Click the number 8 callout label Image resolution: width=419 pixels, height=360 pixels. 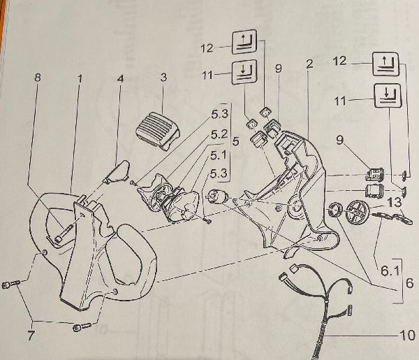[x=38, y=78]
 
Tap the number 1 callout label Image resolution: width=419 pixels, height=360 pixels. [x=80, y=78]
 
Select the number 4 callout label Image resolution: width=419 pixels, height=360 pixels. [x=121, y=78]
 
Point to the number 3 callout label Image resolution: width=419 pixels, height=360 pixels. [x=163, y=78]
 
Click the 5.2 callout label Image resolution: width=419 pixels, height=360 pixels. [x=219, y=134]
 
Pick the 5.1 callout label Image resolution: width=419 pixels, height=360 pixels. [x=219, y=155]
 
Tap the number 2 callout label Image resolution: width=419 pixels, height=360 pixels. [x=309, y=64]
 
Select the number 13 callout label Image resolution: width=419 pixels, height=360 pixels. [x=395, y=202]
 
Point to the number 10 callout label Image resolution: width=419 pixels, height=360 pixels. [x=407, y=336]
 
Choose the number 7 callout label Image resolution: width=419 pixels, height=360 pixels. [x=31, y=336]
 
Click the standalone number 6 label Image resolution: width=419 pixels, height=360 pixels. [x=409, y=282]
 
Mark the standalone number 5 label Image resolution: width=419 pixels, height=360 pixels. [x=235, y=141]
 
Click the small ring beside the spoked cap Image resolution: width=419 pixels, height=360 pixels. [x=333, y=210]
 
